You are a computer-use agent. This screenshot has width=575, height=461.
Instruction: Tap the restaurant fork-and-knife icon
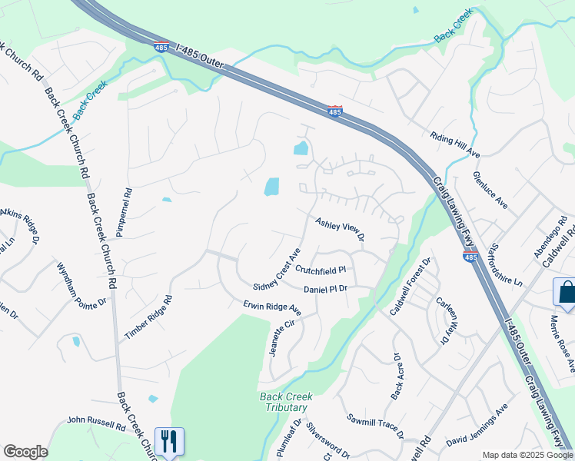tap(169, 441)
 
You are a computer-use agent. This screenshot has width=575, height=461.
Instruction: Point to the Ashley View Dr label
tap(339, 228)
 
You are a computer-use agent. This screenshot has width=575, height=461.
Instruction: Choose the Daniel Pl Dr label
tap(326, 290)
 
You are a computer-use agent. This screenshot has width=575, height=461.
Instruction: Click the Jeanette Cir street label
tap(281, 335)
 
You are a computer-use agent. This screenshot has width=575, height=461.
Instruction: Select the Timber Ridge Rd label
tap(148, 317)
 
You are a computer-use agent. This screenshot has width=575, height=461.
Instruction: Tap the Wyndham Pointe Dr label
tap(81, 285)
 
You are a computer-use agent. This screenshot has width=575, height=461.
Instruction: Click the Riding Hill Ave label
tap(454, 144)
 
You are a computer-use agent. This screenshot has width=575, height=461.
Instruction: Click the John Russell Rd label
tap(96, 422)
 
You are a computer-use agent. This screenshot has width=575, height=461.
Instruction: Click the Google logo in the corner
tap(25, 452)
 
